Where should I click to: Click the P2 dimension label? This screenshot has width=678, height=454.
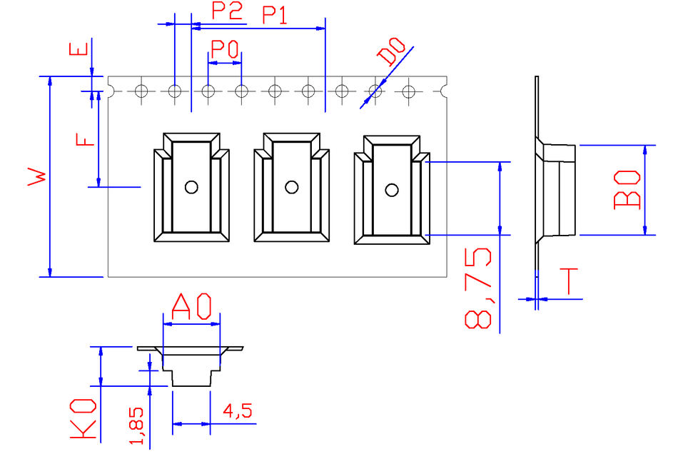(x=226, y=11)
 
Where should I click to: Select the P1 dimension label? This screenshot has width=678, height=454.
(x=275, y=16)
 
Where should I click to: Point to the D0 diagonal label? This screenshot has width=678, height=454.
(x=391, y=51)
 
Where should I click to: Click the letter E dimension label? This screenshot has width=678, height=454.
(x=79, y=49)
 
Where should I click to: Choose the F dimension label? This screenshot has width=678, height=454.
(x=85, y=140)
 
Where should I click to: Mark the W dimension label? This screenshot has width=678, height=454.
(x=37, y=176)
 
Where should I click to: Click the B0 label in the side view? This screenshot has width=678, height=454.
(x=627, y=190)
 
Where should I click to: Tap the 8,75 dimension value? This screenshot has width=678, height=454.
(x=478, y=288)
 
